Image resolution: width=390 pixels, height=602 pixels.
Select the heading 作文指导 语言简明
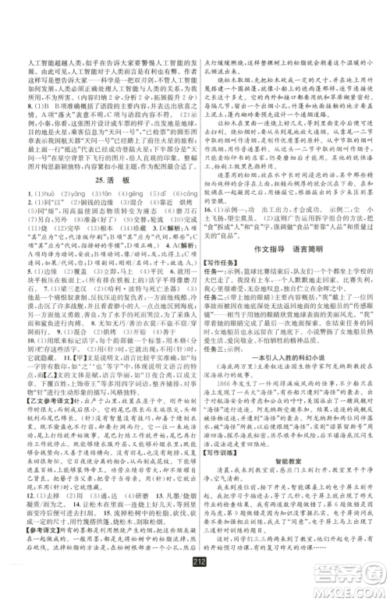[292, 267]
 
